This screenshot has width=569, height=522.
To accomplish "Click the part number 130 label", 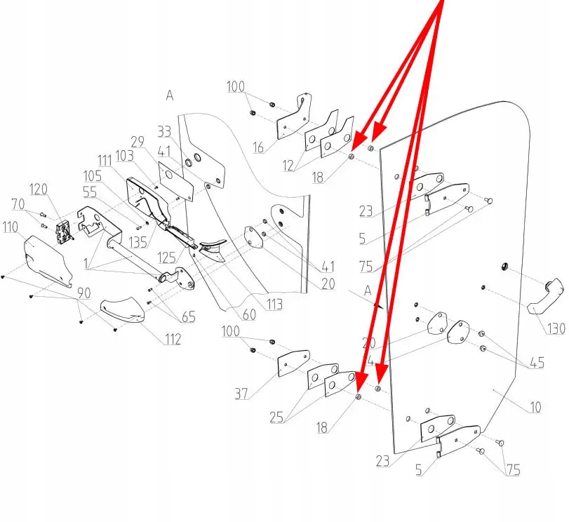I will [556, 328].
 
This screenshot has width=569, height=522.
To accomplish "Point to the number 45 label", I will [536, 363].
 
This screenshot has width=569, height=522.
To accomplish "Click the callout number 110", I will [11, 227].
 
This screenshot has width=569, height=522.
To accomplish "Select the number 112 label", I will [171, 340].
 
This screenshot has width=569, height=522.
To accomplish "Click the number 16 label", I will [258, 147].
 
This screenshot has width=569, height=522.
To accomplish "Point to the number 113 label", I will [274, 304].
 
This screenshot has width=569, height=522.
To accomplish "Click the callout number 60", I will [249, 315].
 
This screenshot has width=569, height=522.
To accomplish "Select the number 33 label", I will [165, 131].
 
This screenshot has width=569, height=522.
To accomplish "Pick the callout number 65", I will [188, 317].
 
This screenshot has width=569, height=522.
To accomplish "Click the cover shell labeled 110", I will [46, 259].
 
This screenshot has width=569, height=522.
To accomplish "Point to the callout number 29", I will [137, 142].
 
